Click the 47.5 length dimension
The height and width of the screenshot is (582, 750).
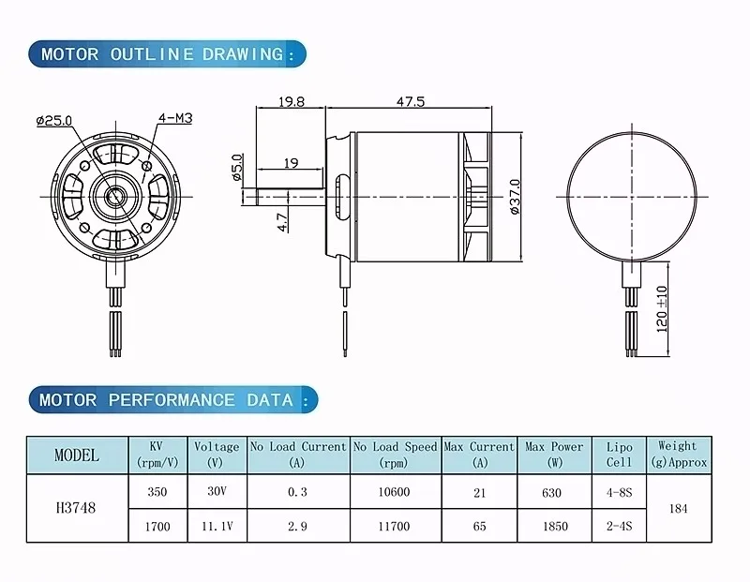click(410, 101)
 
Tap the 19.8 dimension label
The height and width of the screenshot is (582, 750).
click(292, 101)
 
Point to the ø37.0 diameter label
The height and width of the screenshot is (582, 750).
click(515, 197)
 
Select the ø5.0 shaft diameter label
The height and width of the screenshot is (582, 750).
click(237, 168)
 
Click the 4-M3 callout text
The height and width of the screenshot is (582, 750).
click(175, 118)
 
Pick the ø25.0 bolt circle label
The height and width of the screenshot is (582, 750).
click(54, 120)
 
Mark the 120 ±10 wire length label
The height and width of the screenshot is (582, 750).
click(662, 309)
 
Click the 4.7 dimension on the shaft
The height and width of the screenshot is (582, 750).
click(283, 222)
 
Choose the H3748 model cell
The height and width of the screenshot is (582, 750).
click(76, 508)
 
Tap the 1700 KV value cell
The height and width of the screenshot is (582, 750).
click(157, 527)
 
